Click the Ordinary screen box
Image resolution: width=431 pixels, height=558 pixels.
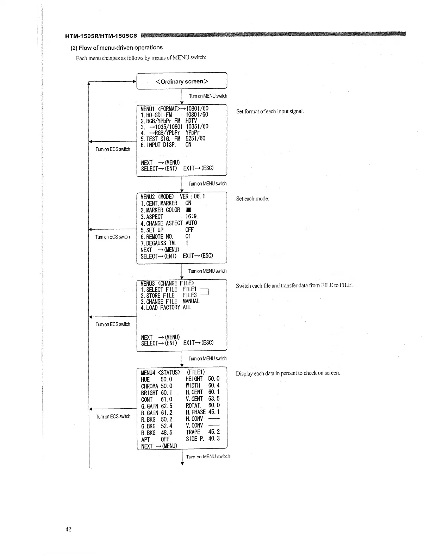[182, 81]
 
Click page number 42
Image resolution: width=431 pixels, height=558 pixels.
[68, 529]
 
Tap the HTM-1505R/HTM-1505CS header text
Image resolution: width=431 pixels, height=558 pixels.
[101, 36]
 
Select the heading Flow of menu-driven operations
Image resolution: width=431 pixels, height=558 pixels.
[117, 48]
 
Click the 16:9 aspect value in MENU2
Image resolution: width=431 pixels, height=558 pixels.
[191, 217]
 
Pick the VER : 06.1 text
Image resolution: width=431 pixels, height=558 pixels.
[192, 196]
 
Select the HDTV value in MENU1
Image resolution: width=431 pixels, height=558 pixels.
[191, 120]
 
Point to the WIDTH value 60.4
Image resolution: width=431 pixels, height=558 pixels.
[214, 385]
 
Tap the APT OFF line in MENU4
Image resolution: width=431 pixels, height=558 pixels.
[155, 439]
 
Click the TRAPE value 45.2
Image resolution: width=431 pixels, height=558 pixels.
[214, 432]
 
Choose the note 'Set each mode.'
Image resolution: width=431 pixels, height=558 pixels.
[252, 199]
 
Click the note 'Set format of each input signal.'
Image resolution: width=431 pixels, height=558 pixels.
[270, 111]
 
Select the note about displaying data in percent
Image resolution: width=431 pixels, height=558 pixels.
[288, 373]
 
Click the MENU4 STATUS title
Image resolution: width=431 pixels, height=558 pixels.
[160, 372]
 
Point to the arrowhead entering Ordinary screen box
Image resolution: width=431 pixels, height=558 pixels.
[135, 81]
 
